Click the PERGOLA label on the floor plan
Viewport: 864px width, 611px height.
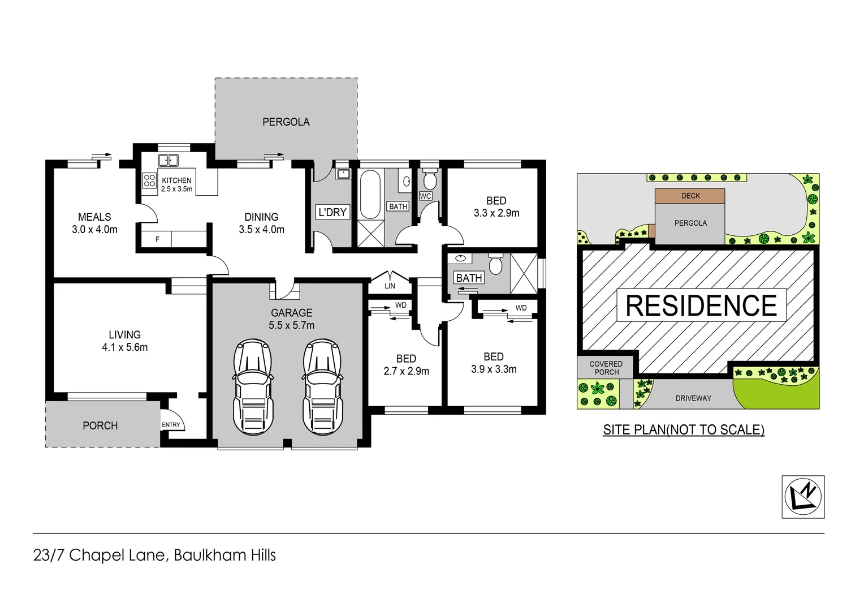click(286, 122)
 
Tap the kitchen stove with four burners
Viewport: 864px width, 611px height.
click(149, 180)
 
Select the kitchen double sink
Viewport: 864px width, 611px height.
click(168, 160)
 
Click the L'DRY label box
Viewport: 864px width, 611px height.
click(332, 212)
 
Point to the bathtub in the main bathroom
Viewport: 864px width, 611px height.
click(370, 194)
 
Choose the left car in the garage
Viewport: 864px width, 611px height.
click(253, 387)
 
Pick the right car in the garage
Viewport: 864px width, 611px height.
click(322, 387)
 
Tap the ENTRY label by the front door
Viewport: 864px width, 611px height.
click(171, 424)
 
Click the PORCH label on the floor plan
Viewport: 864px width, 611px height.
click(100, 425)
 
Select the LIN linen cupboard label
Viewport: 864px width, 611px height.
click(390, 286)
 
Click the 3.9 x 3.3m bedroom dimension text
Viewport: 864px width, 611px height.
click(494, 369)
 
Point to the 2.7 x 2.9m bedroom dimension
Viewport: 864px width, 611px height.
click(406, 371)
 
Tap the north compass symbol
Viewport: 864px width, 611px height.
click(803, 497)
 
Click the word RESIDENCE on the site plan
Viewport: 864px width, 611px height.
click(701, 305)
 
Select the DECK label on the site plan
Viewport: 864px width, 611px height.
click(690, 196)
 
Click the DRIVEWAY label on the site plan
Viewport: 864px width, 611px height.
click(693, 398)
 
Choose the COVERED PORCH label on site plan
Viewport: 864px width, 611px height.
click(606, 368)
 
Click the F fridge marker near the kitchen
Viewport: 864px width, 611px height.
click(157, 239)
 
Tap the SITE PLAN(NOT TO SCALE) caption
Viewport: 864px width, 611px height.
click(684, 430)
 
